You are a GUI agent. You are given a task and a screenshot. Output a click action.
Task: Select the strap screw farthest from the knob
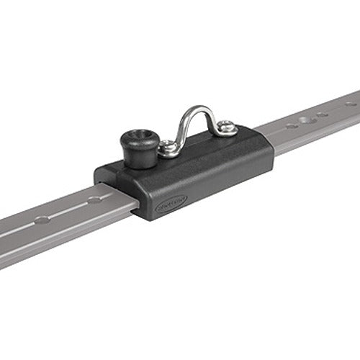228,128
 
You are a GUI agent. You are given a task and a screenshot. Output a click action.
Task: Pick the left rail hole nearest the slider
94,199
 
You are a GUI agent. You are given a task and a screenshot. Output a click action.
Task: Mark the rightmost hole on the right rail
351,104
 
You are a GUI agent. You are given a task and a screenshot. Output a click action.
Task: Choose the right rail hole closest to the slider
290,126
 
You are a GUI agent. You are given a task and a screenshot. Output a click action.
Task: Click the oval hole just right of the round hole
322,114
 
